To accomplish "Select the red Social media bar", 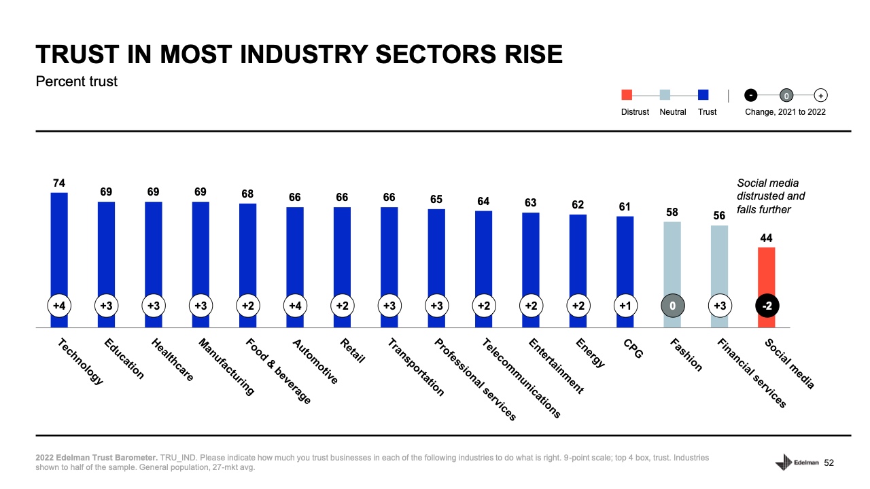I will click(x=767, y=272).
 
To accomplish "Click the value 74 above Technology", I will click(x=59, y=183).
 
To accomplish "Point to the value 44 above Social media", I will click(x=767, y=238).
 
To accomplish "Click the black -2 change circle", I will click(x=767, y=306).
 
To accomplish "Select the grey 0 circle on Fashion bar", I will click(x=672, y=306).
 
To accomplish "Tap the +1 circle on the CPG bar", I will click(x=625, y=306).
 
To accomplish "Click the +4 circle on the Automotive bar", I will click(x=295, y=306).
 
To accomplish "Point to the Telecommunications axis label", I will click(x=521, y=378).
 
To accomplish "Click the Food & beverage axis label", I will click(x=278, y=371).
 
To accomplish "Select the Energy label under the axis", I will click(x=589, y=352).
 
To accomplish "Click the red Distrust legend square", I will click(x=627, y=95).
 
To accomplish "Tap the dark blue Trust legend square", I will click(x=703, y=95).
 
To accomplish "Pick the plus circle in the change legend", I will click(x=820, y=95).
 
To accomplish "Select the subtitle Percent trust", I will click(x=76, y=81).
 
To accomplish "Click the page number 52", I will click(x=829, y=463).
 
